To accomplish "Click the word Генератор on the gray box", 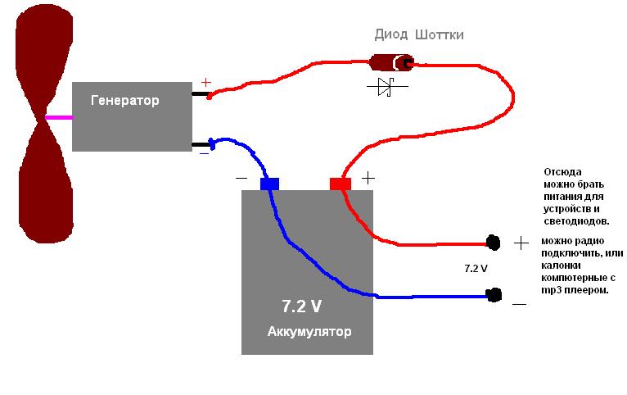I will click(x=125, y=101).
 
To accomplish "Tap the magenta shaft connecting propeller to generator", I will click(x=58, y=118).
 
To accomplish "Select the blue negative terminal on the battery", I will click(x=269, y=184).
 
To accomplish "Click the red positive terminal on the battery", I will click(x=341, y=184).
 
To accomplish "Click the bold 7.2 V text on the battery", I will click(x=301, y=306).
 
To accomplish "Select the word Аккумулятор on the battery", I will click(x=309, y=332).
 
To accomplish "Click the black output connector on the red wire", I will click(x=493, y=242).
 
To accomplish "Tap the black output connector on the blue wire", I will click(x=493, y=294).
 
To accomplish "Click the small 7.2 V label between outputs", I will click(x=476, y=268).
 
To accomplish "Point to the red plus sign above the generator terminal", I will click(x=205, y=83).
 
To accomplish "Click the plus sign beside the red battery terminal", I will click(x=368, y=177).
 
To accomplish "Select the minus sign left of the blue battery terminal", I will click(x=241, y=178).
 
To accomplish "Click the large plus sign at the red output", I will click(x=521, y=243).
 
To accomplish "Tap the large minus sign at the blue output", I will click(x=520, y=304).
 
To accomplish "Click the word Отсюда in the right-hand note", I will click(x=562, y=173).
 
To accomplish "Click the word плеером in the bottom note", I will click(x=586, y=290).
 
